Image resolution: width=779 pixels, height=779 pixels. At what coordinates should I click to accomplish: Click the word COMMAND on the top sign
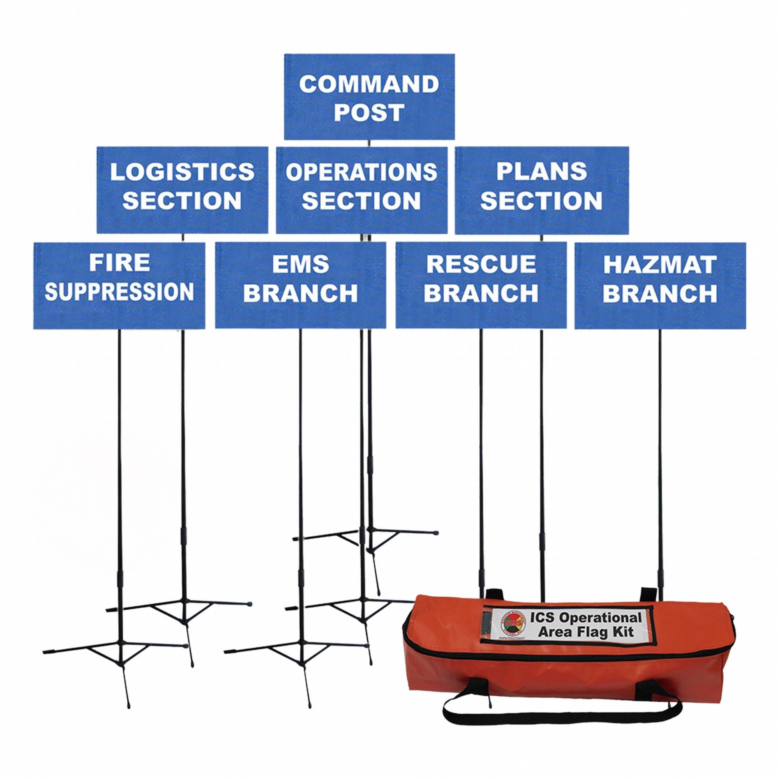pyautogui.click(x=369, y=84)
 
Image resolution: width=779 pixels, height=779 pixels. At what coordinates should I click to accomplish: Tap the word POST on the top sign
pyautogui.click(x=369, y=112)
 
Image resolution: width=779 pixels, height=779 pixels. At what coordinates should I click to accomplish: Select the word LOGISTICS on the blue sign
pyautogui.click(x=182, y=172)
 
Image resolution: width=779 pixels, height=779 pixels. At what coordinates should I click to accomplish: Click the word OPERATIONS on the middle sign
pyautogui.click(x=362, y=172)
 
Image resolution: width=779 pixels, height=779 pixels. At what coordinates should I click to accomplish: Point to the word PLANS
pyautogui.click(x=541, y=171)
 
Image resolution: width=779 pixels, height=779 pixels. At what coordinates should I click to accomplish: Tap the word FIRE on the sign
pyautogui.click(x=119, y=263)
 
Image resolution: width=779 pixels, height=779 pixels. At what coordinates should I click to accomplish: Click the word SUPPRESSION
pyautogui.click(x=119, y=291)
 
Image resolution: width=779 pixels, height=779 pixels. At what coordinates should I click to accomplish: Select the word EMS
pyautogui.click(x=300, y=264)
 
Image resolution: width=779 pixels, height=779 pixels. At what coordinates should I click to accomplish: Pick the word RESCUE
pyautogui.click(x=481, y=264)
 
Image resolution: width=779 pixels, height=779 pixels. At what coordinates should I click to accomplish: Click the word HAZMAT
pyautogui.click(x=660, y=264)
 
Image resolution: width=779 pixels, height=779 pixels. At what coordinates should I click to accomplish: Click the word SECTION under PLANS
pyautogui.click(x=541, y=200)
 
